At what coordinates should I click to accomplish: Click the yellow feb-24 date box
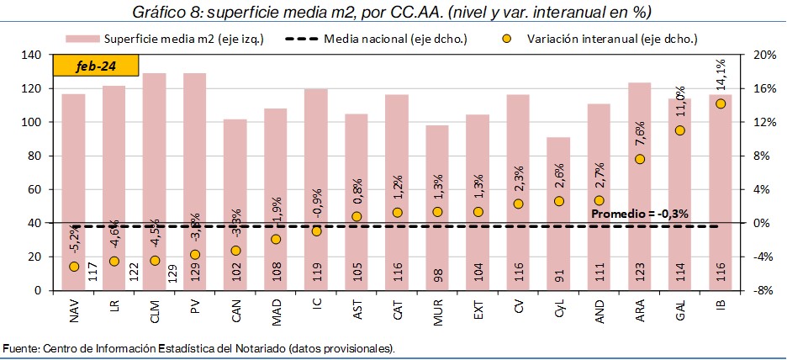(x=96, y=66)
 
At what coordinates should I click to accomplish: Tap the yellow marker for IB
(x=721, y=103)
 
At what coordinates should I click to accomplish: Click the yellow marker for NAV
(x=74, y=267)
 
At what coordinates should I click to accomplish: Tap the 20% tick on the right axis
(x=757, y=55)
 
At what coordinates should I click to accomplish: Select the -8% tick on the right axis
(x=757, y=290)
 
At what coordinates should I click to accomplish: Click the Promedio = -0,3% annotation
(x=640, y=214)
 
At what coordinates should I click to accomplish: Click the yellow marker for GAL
(x=680, y=130)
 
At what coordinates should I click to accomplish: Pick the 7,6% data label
(x=641, y=134)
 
